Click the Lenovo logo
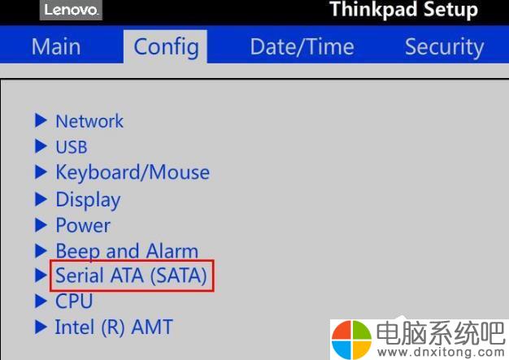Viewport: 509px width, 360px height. (71, 10)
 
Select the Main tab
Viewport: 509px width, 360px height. (56, 46)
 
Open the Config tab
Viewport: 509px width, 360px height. (166, 47)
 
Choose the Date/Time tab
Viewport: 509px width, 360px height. (302, 46)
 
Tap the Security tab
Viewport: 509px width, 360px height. (445, 47)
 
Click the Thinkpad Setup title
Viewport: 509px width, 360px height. (404, 9)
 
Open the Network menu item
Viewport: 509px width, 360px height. (89, 121)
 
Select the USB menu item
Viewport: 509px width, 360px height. (72, 146)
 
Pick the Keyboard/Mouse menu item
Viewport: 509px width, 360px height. (133, 172)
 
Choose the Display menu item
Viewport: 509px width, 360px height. (88, 200)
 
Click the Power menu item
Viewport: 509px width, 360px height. (83, 225)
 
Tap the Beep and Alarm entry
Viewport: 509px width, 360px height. (127, 251)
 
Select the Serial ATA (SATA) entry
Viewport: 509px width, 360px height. (131, 275)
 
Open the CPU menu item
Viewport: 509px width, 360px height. (74, 301)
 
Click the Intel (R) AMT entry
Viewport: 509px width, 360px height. (114, 327)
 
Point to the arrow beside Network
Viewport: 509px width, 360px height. (41, 120)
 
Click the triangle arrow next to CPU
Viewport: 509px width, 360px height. (41, 301)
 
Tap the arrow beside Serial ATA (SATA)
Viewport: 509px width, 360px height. (41, 275)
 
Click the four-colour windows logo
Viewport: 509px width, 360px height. (351, 340)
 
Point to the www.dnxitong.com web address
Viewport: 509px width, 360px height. (442, 352)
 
